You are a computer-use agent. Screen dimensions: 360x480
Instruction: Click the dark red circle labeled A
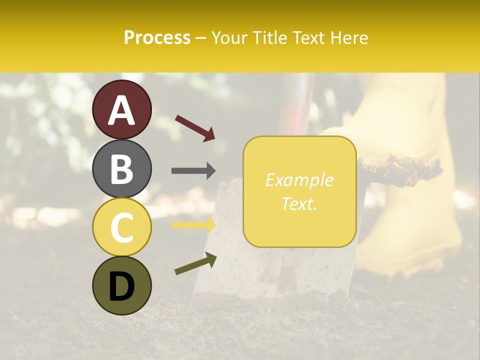coord(121,109)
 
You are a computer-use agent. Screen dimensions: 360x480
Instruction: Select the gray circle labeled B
coord(121,168)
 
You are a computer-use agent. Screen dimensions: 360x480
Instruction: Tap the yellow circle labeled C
coord(121,227)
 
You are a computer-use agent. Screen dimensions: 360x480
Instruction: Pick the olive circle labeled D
coord(121,285)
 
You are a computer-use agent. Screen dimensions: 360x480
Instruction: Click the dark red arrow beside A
coord(195,127)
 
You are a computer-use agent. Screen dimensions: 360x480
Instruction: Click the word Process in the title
coord(157,37)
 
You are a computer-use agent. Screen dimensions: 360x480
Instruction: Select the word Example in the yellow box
coord(299,180)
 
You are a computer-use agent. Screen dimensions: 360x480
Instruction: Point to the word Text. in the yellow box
coord(299,203)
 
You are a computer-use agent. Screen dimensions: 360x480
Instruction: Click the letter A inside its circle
coord(121,110)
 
